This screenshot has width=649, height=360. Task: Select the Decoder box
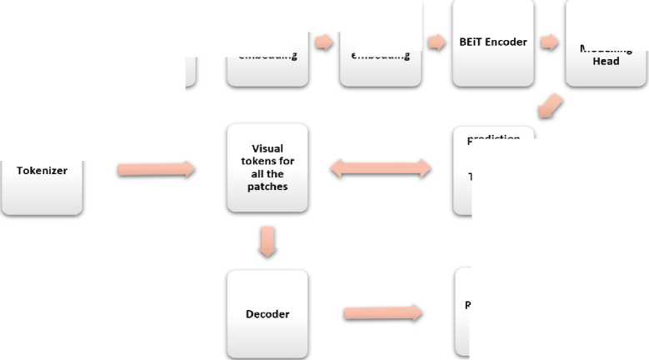[x=267, y=314]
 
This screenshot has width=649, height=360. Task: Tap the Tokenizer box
[x=42, y=171]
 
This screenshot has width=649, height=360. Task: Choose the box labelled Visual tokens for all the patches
[x=267, y=167]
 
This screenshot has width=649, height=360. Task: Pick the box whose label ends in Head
[x=606, y=50]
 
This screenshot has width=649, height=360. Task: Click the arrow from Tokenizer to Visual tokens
[x=156, y=170]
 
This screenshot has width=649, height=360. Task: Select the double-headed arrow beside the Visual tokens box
[x=381, y=169]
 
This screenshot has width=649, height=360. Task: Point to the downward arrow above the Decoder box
[x=267, y=241]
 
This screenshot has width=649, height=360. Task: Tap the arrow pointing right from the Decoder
[x=382, y=314]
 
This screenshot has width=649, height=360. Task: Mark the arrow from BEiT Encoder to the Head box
[x=549, y=42]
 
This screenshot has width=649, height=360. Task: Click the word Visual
[x=267, y=149]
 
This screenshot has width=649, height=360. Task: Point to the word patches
[x=267, y=187]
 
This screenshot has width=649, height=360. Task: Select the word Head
[x=606, y=61]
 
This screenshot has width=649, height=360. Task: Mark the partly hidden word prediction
[x=493, y=138]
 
